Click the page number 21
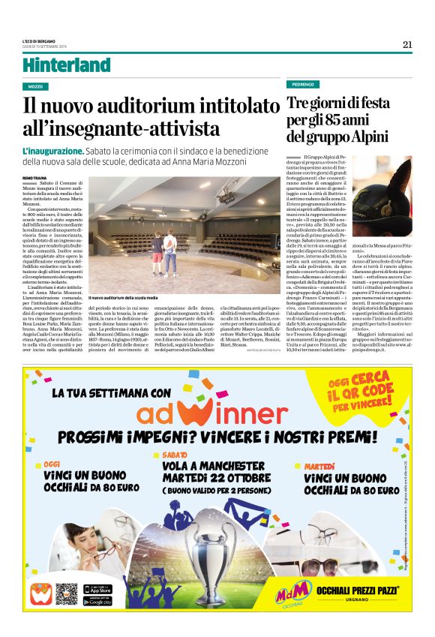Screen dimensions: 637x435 (407, 44)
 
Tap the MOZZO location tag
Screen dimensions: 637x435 (35, 86)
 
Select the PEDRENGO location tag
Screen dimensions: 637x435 (302, 84)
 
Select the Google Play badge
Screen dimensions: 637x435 (97, 602)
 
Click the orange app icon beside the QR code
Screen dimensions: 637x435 (41, 595)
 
